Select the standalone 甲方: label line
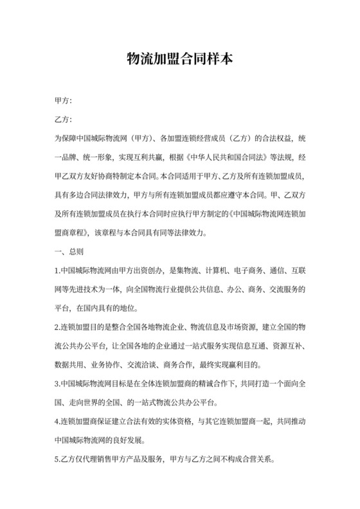[63, 101]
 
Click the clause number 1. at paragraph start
[57, 271]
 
